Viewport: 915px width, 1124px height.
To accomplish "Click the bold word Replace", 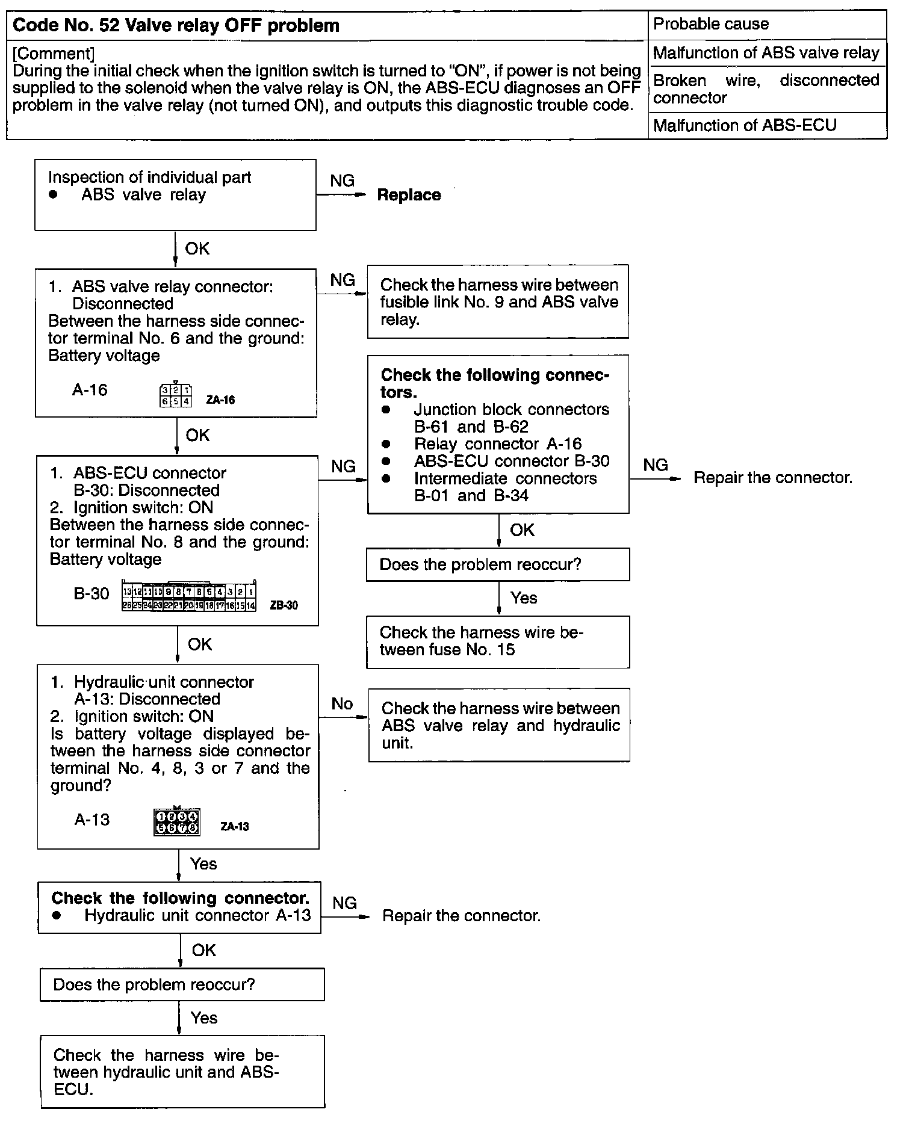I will (409, 195).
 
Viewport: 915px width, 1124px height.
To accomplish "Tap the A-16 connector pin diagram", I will (176, 395).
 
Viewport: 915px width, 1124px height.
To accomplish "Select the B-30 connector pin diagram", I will (189, 596).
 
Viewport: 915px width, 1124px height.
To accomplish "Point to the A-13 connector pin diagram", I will (176, 822).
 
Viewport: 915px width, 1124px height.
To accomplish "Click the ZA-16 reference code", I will (220, 400).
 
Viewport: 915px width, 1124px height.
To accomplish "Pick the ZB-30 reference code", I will (284, 605).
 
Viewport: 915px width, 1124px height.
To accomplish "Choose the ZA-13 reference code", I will (234, 827).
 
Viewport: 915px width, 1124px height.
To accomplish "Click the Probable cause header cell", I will (711, 24).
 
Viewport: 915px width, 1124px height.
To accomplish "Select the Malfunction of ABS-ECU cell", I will (745, 125).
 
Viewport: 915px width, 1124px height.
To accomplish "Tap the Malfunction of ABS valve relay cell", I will (766, 53).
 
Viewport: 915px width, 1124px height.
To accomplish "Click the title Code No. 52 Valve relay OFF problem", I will (176, 26).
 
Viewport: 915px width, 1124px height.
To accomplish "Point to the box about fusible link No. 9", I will (498, 301).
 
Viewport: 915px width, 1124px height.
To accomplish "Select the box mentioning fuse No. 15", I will (498, 641).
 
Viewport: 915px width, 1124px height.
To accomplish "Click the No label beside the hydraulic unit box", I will (342, 703).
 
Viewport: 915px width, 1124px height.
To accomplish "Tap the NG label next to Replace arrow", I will (343, 181).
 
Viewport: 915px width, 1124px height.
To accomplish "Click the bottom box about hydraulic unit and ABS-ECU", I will (182, 1072).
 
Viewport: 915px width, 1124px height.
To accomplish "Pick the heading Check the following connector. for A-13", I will (180, 898).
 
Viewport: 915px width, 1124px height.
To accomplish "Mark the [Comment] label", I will (54, 54).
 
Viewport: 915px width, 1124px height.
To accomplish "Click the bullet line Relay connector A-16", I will (497, 444).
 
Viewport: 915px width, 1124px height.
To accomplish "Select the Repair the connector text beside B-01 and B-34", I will (773, 478).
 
